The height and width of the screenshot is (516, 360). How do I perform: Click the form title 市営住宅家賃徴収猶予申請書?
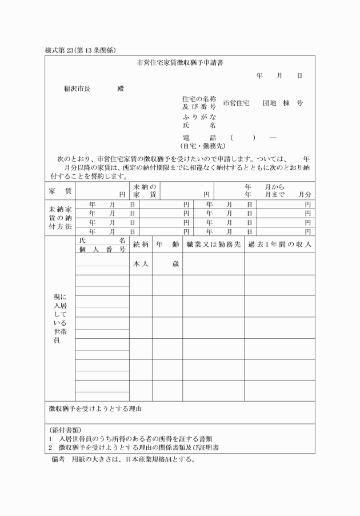click(180, 62)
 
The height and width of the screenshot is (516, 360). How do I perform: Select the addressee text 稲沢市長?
click(77, 89)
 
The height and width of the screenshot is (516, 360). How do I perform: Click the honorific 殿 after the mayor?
click(120, 89)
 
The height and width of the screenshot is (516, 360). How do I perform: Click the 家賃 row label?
click(60, 191)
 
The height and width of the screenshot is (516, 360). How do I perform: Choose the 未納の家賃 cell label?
click(145, 191)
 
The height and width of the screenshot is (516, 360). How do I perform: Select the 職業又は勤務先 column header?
click(213, 244)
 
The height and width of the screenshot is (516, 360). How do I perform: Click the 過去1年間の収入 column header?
click(279, 244)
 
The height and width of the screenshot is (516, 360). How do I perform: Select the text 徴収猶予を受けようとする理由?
click(95, 409)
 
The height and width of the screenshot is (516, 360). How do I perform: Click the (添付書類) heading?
click(65, 429)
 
